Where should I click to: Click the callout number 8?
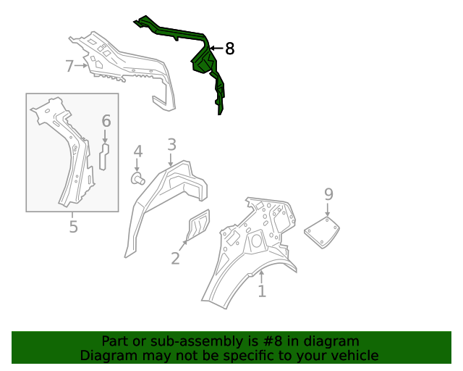coord(230,49)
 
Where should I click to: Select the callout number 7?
coord(69,66)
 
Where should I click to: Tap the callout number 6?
coord(106,121)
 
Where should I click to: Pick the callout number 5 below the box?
coord(74,227)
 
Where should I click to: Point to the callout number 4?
coord(138,151)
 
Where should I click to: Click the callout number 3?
coord(172,145)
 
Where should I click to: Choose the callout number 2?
coord(175,258)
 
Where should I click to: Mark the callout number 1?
coord(262,291)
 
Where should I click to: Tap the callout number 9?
coord(328,194)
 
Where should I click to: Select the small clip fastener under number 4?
coord(138,179)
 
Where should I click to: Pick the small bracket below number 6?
coord(104,157)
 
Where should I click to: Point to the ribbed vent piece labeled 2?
coord(198,225)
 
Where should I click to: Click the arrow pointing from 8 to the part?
coord(216,49)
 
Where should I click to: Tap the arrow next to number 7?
coord(81,66)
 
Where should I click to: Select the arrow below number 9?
coord(327,209)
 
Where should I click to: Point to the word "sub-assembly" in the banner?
coord(196,342)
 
